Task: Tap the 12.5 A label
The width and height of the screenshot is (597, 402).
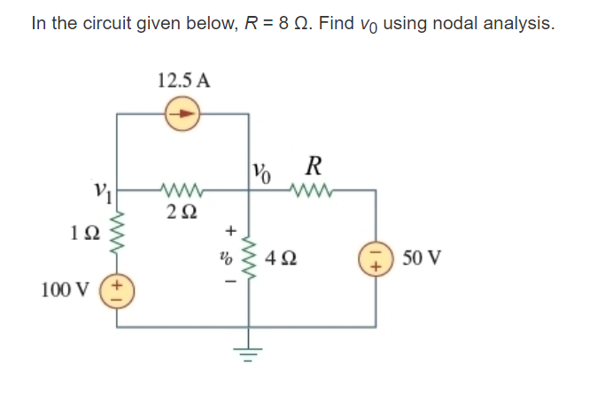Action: pyautogui.click(x=183, y=80)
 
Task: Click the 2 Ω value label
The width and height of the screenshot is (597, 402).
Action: pyautogui.click(x=181, y=212)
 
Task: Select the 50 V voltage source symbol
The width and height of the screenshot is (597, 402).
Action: pyautogui.click(x=373, y=259)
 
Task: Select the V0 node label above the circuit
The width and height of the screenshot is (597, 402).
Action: pyautogui.click(x=262, y=168)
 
